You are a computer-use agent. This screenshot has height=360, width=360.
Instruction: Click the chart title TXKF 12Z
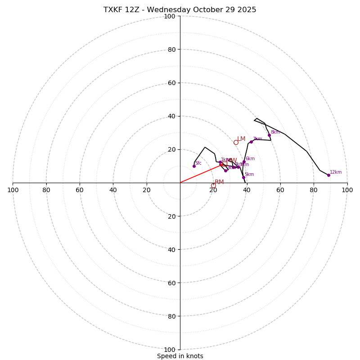(x=180, y=10)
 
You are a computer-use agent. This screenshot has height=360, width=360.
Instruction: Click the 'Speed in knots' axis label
(x=180, y=356)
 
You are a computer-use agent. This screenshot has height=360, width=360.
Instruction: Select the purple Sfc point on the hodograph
(x=194, y=166)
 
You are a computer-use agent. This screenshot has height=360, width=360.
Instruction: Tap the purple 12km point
(x=328, y=175)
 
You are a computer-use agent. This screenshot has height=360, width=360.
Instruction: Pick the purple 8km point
(x=269, y=135)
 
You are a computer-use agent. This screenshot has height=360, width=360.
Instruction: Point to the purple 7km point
(x=251, y=142)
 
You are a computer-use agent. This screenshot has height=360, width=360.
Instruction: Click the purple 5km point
(x=243, y=177)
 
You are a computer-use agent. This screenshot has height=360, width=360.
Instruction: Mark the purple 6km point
(x=244, y=162)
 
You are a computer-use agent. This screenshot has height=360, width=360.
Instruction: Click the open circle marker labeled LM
(x=236, y=142)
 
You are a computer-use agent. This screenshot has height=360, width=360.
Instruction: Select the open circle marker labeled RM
(x=213, y=185)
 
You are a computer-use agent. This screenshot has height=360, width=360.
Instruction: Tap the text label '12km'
(x=336, y=172)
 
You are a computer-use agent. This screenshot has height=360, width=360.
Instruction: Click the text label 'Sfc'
(x=198, y=163)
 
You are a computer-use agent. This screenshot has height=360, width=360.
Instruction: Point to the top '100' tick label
(x=170, y=16)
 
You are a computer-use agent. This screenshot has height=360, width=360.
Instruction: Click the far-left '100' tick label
(x=13, y=190)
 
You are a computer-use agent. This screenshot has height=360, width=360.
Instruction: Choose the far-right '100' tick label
(x=347, y=190)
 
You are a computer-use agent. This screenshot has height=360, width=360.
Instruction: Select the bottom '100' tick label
(x=170, y=350)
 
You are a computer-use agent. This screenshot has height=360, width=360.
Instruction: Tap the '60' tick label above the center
(x=171, y=83)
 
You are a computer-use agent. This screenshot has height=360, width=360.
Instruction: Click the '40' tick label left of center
(x=113, y=190)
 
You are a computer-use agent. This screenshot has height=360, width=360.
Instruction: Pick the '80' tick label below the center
(x=171, y=316)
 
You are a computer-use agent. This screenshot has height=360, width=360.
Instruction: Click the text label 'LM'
(x=241, y=139)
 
